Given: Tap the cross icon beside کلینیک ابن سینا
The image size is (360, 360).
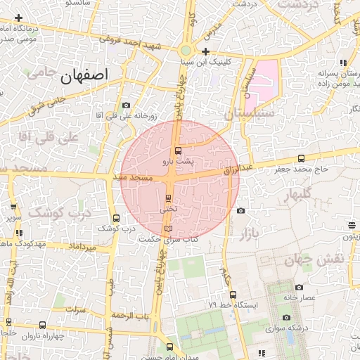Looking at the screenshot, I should click(205, 51).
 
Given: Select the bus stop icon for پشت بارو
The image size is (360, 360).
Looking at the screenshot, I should click(177, 150).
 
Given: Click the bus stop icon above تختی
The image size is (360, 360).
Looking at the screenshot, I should click(168, 198).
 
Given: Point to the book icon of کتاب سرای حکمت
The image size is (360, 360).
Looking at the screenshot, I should click(167, 229).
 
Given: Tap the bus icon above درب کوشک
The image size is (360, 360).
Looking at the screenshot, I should click(116, 218).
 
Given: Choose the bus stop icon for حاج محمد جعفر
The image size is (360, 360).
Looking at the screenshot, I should click(302, 158).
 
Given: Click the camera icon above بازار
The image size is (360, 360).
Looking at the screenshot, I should click(240, 210).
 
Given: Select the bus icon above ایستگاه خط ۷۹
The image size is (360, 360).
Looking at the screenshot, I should click(233, 295).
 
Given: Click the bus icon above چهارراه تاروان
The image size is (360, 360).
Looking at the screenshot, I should click(43, 325).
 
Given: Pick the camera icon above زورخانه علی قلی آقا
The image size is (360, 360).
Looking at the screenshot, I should click(126, 105).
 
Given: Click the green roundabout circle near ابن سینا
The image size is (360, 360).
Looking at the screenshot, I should click(186, 50).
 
